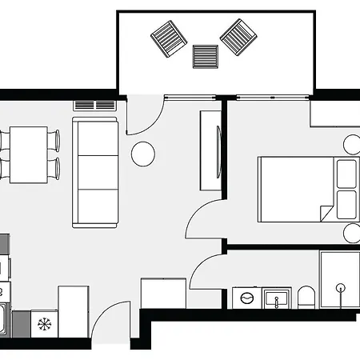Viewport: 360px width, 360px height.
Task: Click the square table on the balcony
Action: pos(206,58)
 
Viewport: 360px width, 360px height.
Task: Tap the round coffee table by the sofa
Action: pos(144,153)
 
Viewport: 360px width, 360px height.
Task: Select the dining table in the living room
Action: pos(29,154)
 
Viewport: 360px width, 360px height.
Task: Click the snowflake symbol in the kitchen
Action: pos(43,324)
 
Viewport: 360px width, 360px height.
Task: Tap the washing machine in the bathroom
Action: pos(246,298)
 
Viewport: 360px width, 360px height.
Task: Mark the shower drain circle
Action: pos(342,287)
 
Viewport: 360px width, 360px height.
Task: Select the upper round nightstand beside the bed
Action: pos(353,145)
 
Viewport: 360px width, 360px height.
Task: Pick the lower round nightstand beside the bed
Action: pos(353,233)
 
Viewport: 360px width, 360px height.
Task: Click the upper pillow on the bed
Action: pos(347,174)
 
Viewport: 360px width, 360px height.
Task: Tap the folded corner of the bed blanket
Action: pos(326,214)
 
